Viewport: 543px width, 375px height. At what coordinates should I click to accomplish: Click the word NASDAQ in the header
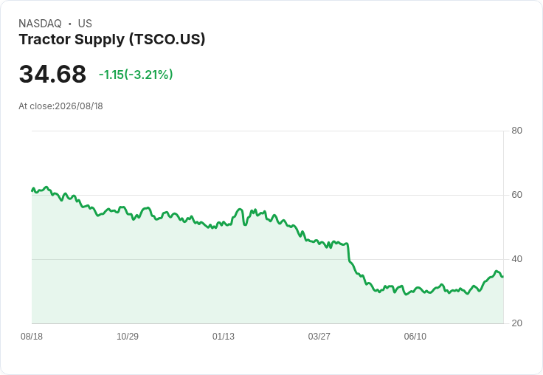pos(40,24)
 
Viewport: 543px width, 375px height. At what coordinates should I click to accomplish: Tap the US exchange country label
pos(85,24)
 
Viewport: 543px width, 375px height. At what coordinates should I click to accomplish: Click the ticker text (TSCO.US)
pos(167,40)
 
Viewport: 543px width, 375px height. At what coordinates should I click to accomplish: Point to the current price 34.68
pos(52,74)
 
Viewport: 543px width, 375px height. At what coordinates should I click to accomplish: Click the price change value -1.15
pos(111,75)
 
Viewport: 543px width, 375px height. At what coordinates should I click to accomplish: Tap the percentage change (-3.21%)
pos(148,75)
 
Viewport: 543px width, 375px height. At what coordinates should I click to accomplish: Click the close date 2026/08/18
pos(79,106)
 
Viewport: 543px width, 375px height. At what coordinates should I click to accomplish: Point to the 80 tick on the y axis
pos(516,131)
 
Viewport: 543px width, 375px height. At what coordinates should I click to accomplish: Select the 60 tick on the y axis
pos(516,195)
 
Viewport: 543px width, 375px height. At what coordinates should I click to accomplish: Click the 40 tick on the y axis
pos(516,259)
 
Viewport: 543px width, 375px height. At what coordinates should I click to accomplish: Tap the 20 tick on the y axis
pos(516,323)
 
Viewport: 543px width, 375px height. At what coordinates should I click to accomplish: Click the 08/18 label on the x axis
pos(32,337)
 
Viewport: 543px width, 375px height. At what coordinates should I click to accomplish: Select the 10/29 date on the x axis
pos(128,337)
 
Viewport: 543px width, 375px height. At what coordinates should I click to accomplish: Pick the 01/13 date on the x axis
pos(224,337)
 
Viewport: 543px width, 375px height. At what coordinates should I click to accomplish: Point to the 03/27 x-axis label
pos(319,337)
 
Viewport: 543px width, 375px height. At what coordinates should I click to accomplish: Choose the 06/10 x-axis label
pos(415,337)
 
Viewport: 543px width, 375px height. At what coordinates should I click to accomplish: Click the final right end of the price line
pos(503,276)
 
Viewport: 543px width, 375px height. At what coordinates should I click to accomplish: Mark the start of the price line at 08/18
pos(32,190)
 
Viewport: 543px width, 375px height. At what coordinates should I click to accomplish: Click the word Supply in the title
pos(100,40)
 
